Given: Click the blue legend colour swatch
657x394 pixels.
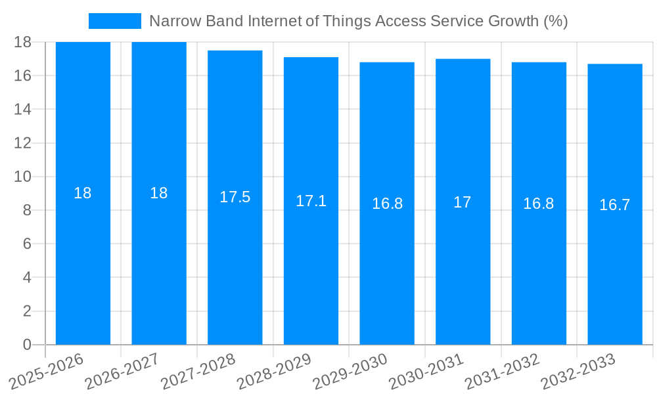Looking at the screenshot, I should point(115,21).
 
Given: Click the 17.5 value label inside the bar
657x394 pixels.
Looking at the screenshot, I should point(235,197).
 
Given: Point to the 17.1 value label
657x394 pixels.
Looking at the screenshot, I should point(311,201).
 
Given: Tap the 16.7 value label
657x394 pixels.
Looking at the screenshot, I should point(615,205).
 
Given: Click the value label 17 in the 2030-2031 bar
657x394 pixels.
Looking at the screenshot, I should point(463,202).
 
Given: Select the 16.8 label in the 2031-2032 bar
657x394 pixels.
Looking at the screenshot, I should point(539,204).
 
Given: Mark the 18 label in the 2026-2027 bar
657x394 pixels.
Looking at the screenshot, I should point(159,193).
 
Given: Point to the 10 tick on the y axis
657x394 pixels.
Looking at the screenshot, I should point(22,177).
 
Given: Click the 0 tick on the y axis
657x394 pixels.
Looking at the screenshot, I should point(27,345).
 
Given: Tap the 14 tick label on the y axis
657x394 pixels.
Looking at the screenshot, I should point(22,109).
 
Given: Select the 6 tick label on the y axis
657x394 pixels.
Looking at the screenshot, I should point(27,244).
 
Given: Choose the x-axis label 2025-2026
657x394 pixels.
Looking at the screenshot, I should point(47,372).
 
